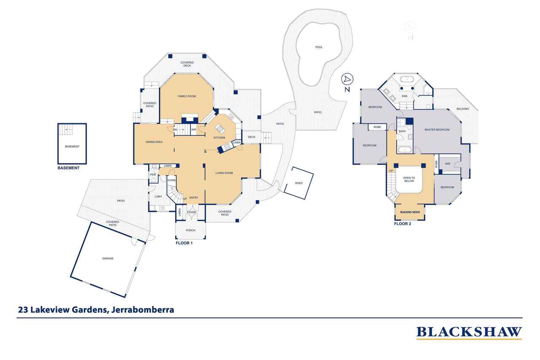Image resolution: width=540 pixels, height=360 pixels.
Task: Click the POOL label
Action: click(319, 47)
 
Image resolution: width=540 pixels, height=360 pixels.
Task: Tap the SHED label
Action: click(299, 183)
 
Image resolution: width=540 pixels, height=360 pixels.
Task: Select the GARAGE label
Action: click(108, 258)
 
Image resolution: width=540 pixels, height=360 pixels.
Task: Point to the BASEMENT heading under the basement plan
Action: click(68, 168)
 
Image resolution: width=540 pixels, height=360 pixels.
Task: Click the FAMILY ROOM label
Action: click(186, 96)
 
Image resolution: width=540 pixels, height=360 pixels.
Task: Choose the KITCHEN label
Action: click(219, 138)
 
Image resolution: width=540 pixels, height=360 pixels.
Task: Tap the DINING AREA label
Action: click(154, 142)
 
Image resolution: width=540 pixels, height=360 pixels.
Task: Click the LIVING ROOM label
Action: click(224, 173)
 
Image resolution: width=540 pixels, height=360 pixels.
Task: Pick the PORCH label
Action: click(191, 230)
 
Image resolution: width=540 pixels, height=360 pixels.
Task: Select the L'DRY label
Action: click(158, 197)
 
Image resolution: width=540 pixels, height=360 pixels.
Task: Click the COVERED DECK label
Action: click(187, 64)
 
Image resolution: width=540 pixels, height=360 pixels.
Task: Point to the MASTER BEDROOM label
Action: click(437, 130)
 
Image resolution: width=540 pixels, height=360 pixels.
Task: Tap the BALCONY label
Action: click(463, 109)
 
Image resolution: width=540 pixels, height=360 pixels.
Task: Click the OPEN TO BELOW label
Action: click(409, 179)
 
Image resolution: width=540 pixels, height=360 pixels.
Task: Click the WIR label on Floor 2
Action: click(447, 163)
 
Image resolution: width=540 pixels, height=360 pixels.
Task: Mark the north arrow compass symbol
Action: click(347, 79)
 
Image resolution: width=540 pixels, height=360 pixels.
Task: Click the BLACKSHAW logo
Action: click(469, 332)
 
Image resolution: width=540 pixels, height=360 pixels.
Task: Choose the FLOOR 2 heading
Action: click(402, 224)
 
